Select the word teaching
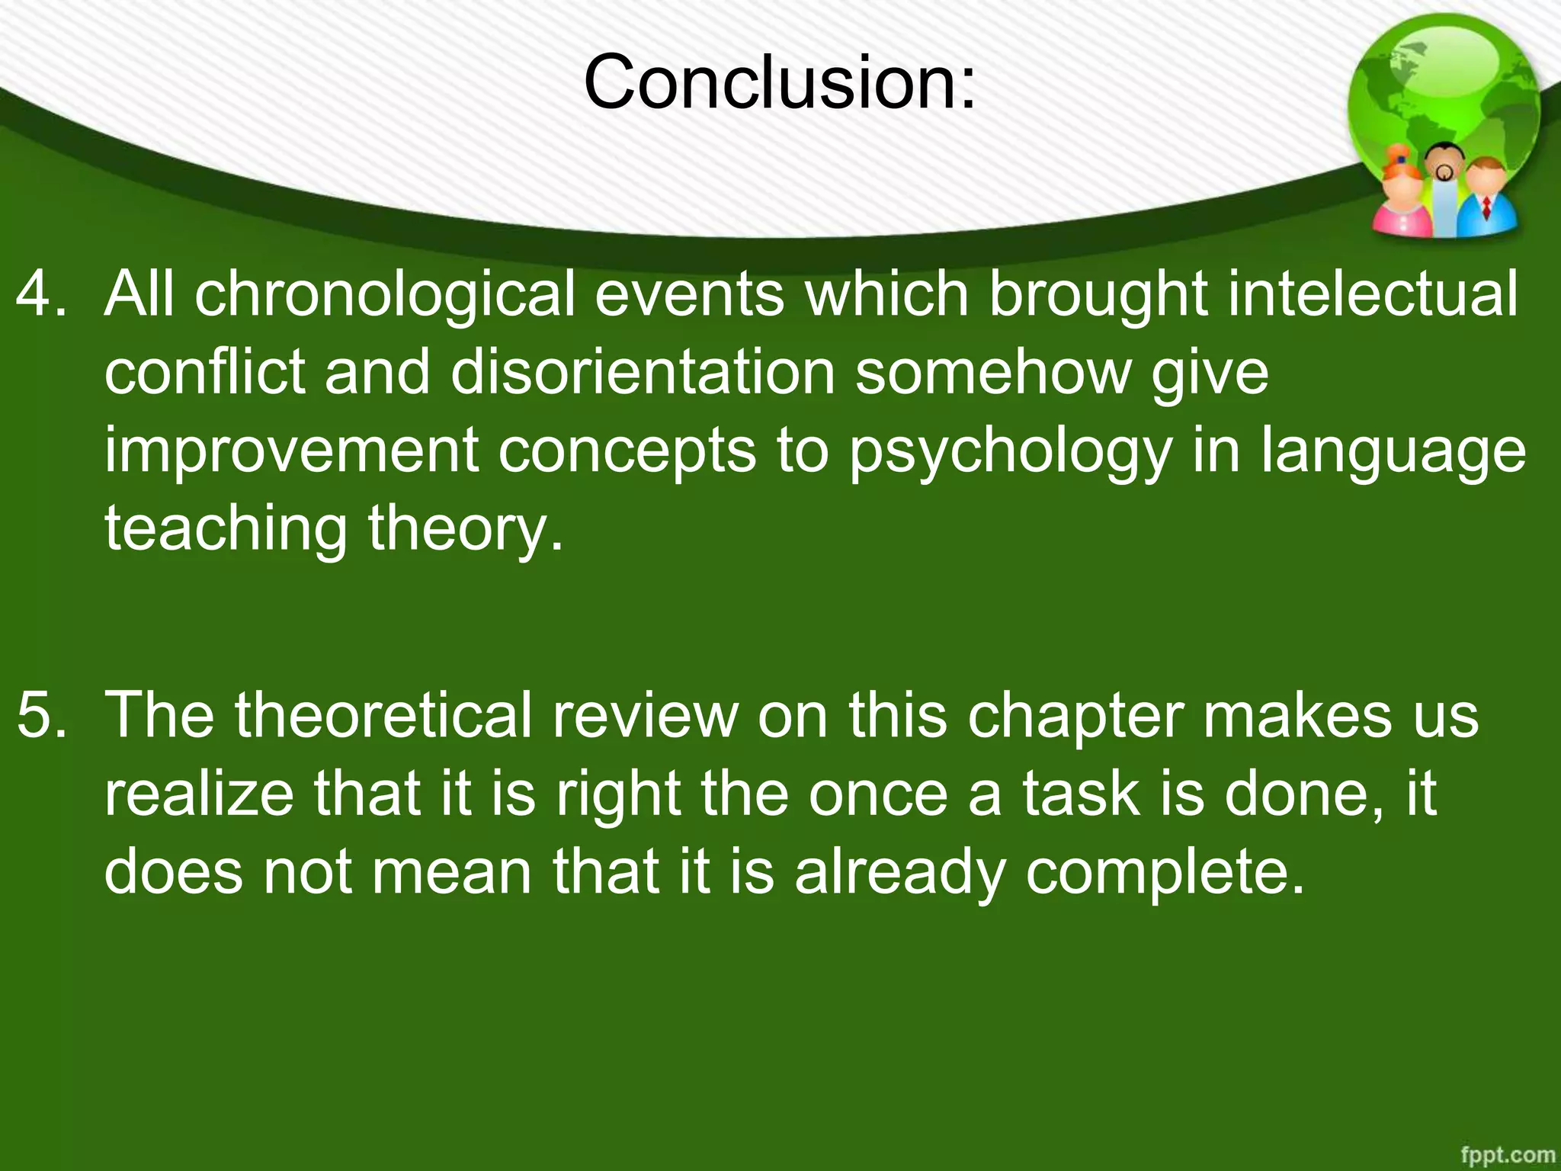click(x=226, y=529)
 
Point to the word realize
click(x=199, y=794)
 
